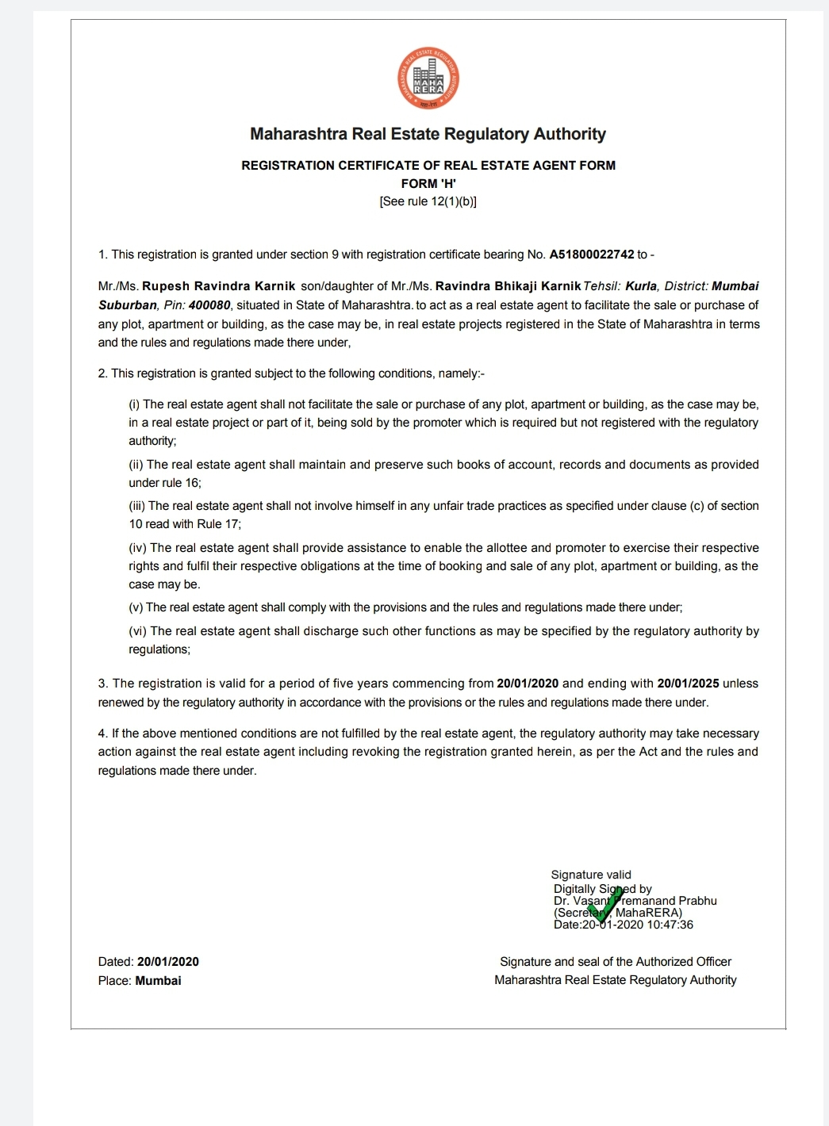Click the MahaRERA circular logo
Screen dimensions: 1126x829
[428, 79]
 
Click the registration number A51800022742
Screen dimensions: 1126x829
[592, 255]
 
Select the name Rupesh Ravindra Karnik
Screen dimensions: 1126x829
[218, 286]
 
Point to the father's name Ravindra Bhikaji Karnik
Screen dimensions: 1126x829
[508, 286]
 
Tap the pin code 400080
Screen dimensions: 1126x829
[209, 305]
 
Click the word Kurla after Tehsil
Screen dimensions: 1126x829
[641, 286]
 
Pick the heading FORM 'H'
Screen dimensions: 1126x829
[428, 183]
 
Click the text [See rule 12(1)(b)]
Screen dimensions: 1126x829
[428, 201]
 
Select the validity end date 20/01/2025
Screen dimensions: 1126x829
[688, 684]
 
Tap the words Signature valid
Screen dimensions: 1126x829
[591, 875]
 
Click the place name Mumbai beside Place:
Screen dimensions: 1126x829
[158, 981]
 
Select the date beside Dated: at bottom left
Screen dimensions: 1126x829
[168, 962]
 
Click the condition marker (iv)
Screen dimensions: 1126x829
[138, 548]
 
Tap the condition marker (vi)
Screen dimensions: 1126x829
[138, 631]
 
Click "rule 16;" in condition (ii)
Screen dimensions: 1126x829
[182, 483]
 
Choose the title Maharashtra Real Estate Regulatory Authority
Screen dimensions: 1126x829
[428, 134]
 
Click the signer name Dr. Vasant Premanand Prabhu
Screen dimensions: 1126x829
[635, 901]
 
